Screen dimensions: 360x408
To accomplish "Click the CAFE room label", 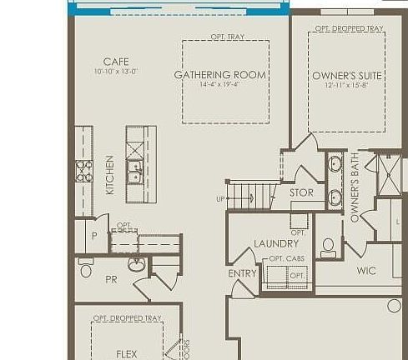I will (116, 62).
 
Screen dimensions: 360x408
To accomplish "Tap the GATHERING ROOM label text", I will (219, 75).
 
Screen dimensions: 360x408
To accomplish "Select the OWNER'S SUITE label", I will (347, 76).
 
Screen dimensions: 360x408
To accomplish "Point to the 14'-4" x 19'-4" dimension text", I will (219, 85).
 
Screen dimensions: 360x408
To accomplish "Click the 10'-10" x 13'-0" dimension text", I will (116, 72).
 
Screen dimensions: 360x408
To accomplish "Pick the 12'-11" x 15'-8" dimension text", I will (347, 86).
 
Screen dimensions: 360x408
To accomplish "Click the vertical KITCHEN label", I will (110, 175).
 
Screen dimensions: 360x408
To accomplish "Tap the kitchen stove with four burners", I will (84, 171).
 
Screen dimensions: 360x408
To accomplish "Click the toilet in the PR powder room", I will (85, 269).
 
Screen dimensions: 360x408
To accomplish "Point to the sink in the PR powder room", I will (137, 265).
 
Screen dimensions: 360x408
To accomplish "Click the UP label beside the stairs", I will (220, 198).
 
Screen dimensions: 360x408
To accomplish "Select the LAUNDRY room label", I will (276, 243).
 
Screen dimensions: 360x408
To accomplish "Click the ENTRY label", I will (242, 273).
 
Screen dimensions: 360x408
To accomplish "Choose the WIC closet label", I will (366, 271).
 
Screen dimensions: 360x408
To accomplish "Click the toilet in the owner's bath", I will (329, 247).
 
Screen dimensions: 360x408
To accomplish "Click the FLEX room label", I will (127, 354).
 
